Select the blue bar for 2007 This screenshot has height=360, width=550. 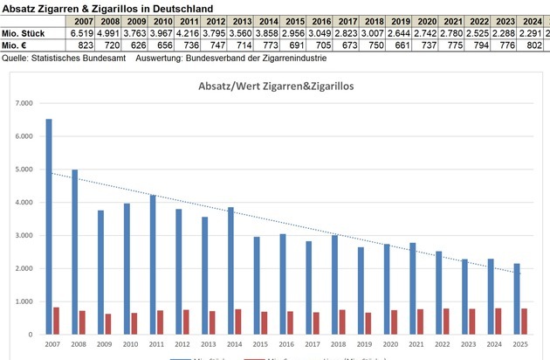pyautogui.click(x=49, y=227)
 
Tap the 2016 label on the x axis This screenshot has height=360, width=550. pyautogui.click(x=283, y=344)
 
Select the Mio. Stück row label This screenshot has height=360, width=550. pyautogui.click(x=23, y=33)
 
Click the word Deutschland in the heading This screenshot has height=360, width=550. pyautogui.click(x=179, y=7)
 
